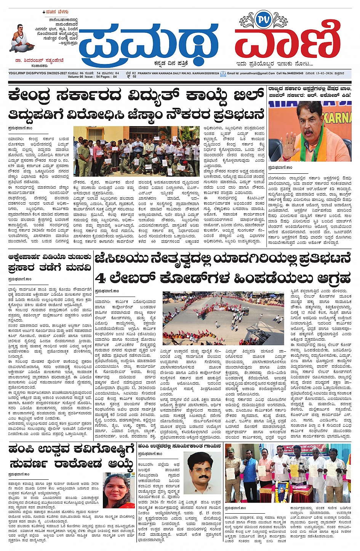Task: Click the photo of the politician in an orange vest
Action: (309, 131)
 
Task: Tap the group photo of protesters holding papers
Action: (136, 151)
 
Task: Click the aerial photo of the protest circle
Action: (223, 319)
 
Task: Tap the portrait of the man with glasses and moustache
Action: (202, 473)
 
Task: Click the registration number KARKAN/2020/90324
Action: (200, 73)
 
